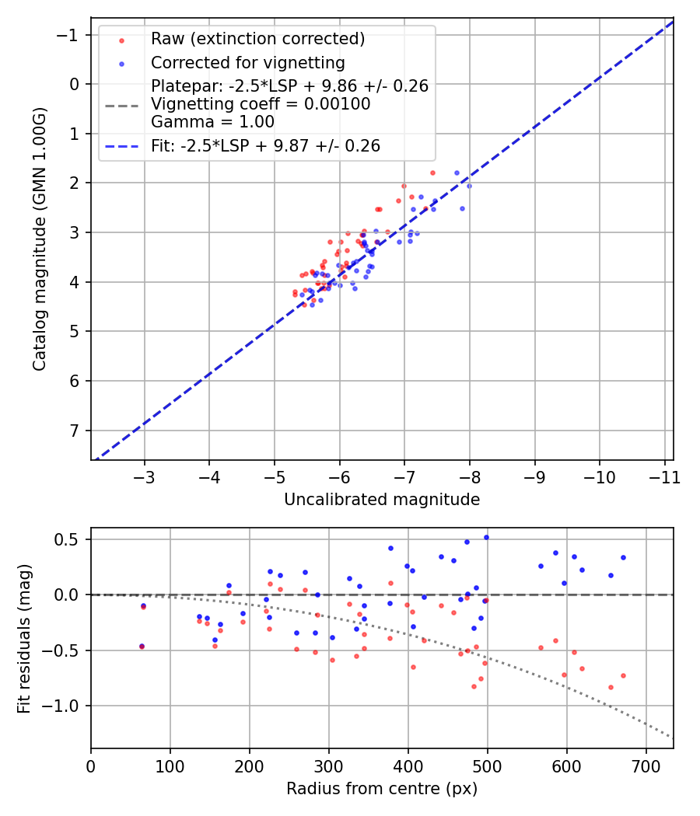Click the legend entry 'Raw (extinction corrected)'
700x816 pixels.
[258, 39]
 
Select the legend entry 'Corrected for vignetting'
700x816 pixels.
[247, 62]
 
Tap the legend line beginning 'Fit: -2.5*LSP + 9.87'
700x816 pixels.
[265, 146]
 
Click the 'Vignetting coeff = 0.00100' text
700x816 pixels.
[261, 103]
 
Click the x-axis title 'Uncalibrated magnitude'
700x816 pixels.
[382, 500]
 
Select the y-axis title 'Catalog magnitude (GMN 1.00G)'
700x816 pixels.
[40, 239]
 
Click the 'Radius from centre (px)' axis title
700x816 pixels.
[382, 789]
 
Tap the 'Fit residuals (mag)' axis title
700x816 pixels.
[24, 639]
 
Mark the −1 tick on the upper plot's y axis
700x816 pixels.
[71, 35]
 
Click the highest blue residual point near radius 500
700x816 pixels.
[486, 537]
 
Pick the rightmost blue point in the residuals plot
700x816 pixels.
[623, 557]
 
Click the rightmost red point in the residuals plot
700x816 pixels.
[623, 675]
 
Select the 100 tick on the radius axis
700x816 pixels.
[170, 765]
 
